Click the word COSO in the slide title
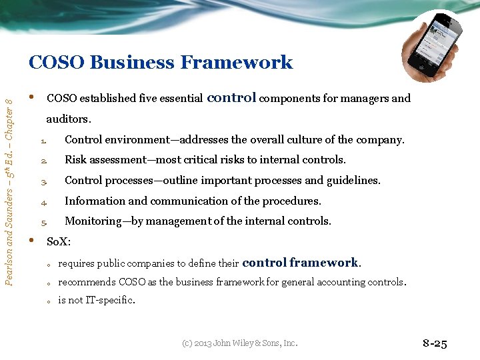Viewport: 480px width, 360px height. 56,63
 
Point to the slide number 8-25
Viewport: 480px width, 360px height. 435,344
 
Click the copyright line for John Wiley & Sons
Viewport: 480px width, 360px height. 239,344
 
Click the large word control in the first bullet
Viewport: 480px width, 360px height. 231,97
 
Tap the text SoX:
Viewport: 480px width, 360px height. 59,241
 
